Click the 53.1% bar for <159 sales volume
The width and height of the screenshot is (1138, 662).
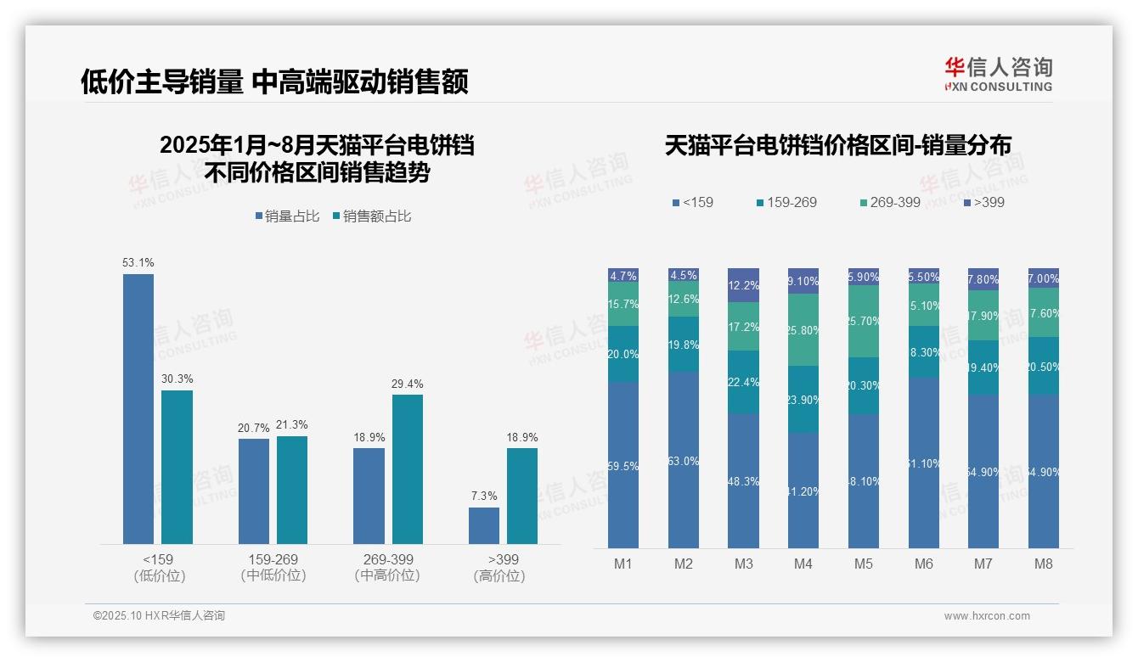point(138,408)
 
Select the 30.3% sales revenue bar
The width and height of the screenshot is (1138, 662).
point(177,467)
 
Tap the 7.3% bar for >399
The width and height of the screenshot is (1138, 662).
point(484,525)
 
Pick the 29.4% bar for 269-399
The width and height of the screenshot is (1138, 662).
point(408,468)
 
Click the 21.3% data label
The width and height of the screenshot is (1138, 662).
point(292,425)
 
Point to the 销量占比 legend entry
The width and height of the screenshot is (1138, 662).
point(287,216)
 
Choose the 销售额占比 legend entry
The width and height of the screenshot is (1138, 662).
point(372,216)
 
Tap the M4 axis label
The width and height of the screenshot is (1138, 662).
point(803,564)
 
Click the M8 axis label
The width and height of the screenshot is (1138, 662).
point(1043,564)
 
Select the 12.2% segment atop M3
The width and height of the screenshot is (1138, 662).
point(744,285)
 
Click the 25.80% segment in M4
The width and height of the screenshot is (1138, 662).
point(803,329)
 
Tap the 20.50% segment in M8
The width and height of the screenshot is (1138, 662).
point(1043,366)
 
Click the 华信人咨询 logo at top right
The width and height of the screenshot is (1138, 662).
point(998,74)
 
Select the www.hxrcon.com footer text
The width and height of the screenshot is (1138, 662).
point(987,616)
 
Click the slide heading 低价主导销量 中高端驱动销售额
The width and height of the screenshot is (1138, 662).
point(274,82)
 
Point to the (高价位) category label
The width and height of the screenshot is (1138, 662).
point(499,576)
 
